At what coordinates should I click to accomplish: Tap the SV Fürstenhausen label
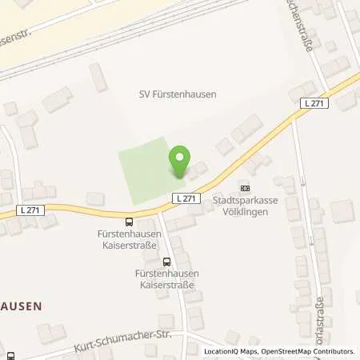point(177,94)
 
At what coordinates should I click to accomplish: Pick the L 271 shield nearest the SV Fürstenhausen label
point(313,103)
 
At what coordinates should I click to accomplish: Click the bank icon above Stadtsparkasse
point(244,188)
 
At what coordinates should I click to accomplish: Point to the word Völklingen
point(244,213)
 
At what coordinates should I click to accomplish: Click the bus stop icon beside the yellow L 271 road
point(129,222)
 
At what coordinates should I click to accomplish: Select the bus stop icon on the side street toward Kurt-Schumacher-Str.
point(166,261)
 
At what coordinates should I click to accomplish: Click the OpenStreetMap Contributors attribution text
point(310,351)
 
